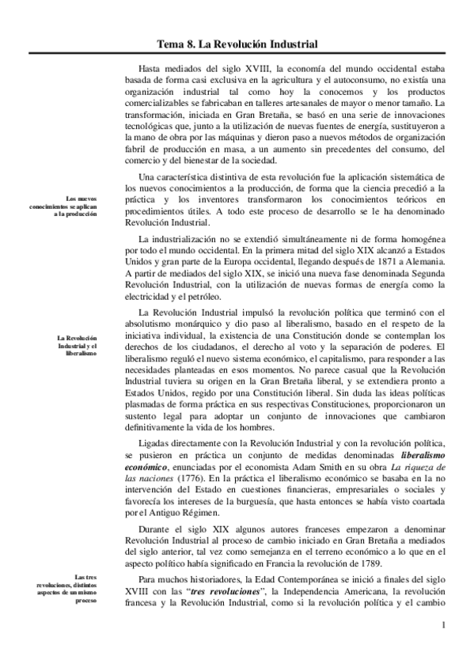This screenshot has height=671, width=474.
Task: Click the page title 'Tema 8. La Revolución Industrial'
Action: coord(237,44)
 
